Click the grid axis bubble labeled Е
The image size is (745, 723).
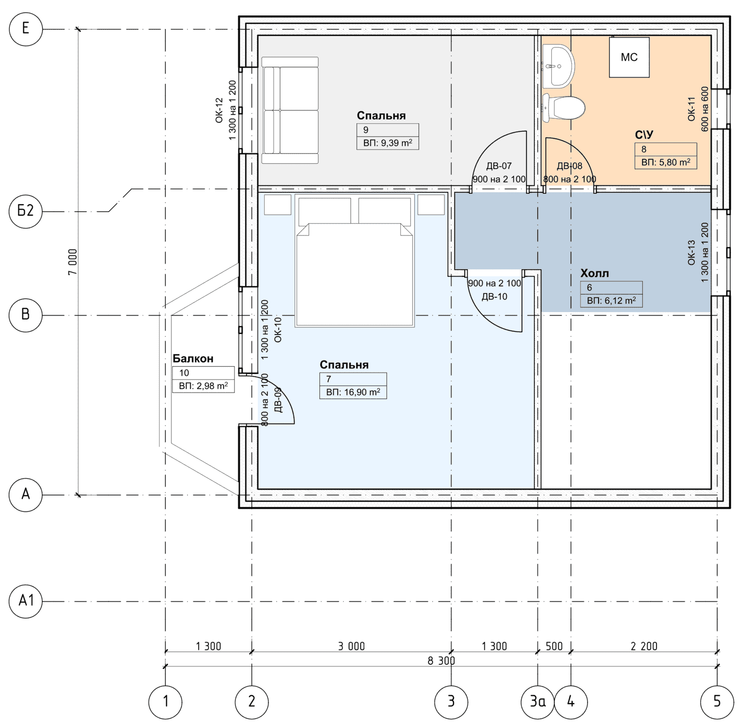coord(26,29)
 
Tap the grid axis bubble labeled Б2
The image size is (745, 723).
coord(26,211)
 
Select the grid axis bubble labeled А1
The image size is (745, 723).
coord(26,601)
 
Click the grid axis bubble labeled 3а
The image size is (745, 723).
coord(537,702)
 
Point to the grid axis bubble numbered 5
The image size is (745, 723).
coord(717,702)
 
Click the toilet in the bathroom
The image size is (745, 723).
coord(563,107)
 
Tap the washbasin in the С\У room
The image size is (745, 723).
coord(558,66)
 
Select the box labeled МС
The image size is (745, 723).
coord(629,57)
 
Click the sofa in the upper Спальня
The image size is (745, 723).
coord(290,110)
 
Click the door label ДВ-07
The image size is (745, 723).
coord(499,166)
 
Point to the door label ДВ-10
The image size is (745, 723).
coord(495,297)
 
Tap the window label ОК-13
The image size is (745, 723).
coord(691,252)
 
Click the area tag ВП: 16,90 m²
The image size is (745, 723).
coord(353,392)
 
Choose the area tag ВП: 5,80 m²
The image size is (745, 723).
coord(666,162)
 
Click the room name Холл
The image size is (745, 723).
coord(595,273)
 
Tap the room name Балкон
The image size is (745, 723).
coord(193,358)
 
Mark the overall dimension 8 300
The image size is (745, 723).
coord(441,661)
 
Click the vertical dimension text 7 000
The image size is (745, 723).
coord(73,262)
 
